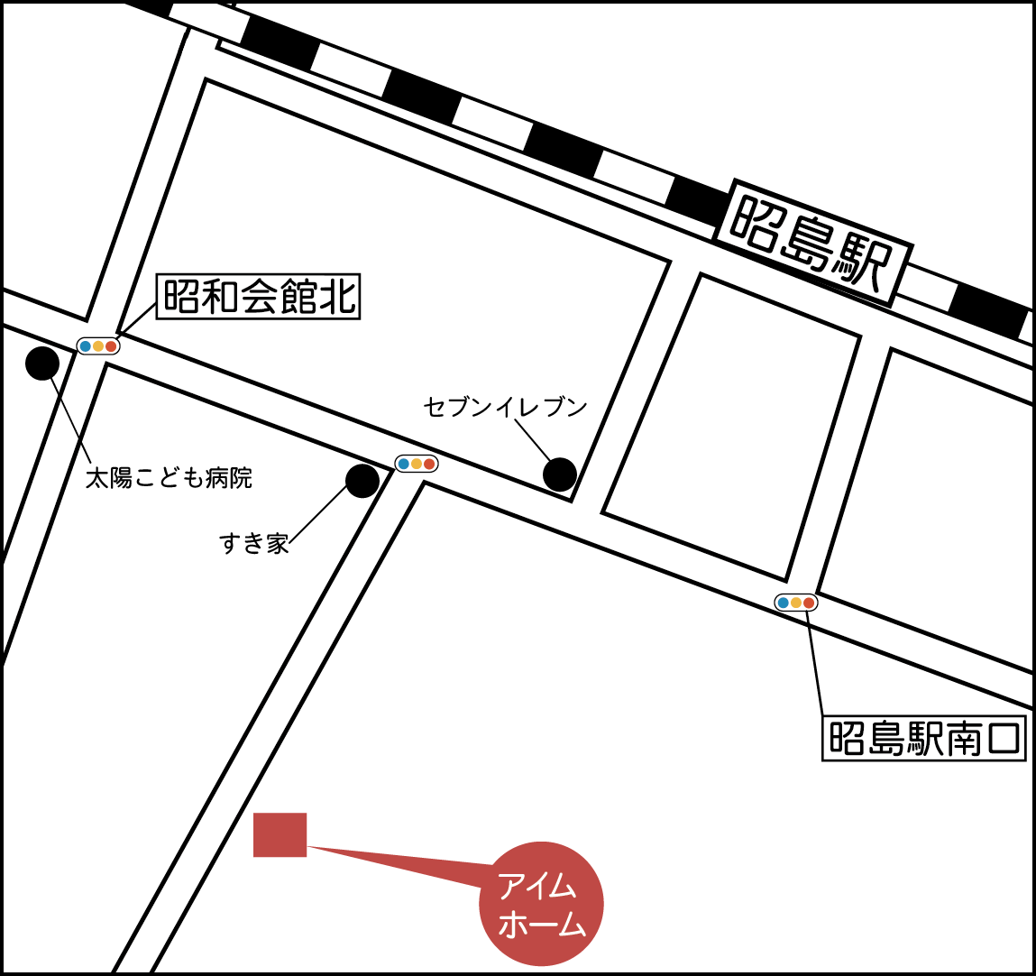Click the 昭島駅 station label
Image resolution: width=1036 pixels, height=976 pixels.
[812, 242]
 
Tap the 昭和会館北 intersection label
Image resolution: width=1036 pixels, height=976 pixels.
[259, 297]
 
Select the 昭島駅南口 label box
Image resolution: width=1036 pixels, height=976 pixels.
[924, 739]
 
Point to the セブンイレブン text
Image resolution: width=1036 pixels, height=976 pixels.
[505, 407]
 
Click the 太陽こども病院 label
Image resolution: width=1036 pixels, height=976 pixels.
[169, 477]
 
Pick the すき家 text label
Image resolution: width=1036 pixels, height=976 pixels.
[253, 543]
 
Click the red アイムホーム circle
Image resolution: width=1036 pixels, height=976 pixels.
[541, 903]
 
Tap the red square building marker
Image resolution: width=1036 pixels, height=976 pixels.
[280, 834]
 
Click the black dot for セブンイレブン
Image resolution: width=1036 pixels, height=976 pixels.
[560, 474]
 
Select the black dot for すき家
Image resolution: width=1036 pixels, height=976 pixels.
[362, 481]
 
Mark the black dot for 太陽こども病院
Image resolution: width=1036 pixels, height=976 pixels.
[42, 364]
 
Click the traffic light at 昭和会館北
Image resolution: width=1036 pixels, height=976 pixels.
[98, 345]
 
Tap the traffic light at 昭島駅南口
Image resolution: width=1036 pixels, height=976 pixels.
[796, 603]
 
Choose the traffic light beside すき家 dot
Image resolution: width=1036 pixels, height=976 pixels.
[417, 464]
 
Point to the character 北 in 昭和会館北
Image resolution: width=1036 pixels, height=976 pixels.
[339, 297]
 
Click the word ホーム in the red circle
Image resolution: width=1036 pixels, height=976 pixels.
[541, 925]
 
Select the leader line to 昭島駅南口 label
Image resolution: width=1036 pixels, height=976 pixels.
[814, 663]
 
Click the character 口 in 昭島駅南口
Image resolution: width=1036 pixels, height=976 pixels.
[1004, 739]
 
